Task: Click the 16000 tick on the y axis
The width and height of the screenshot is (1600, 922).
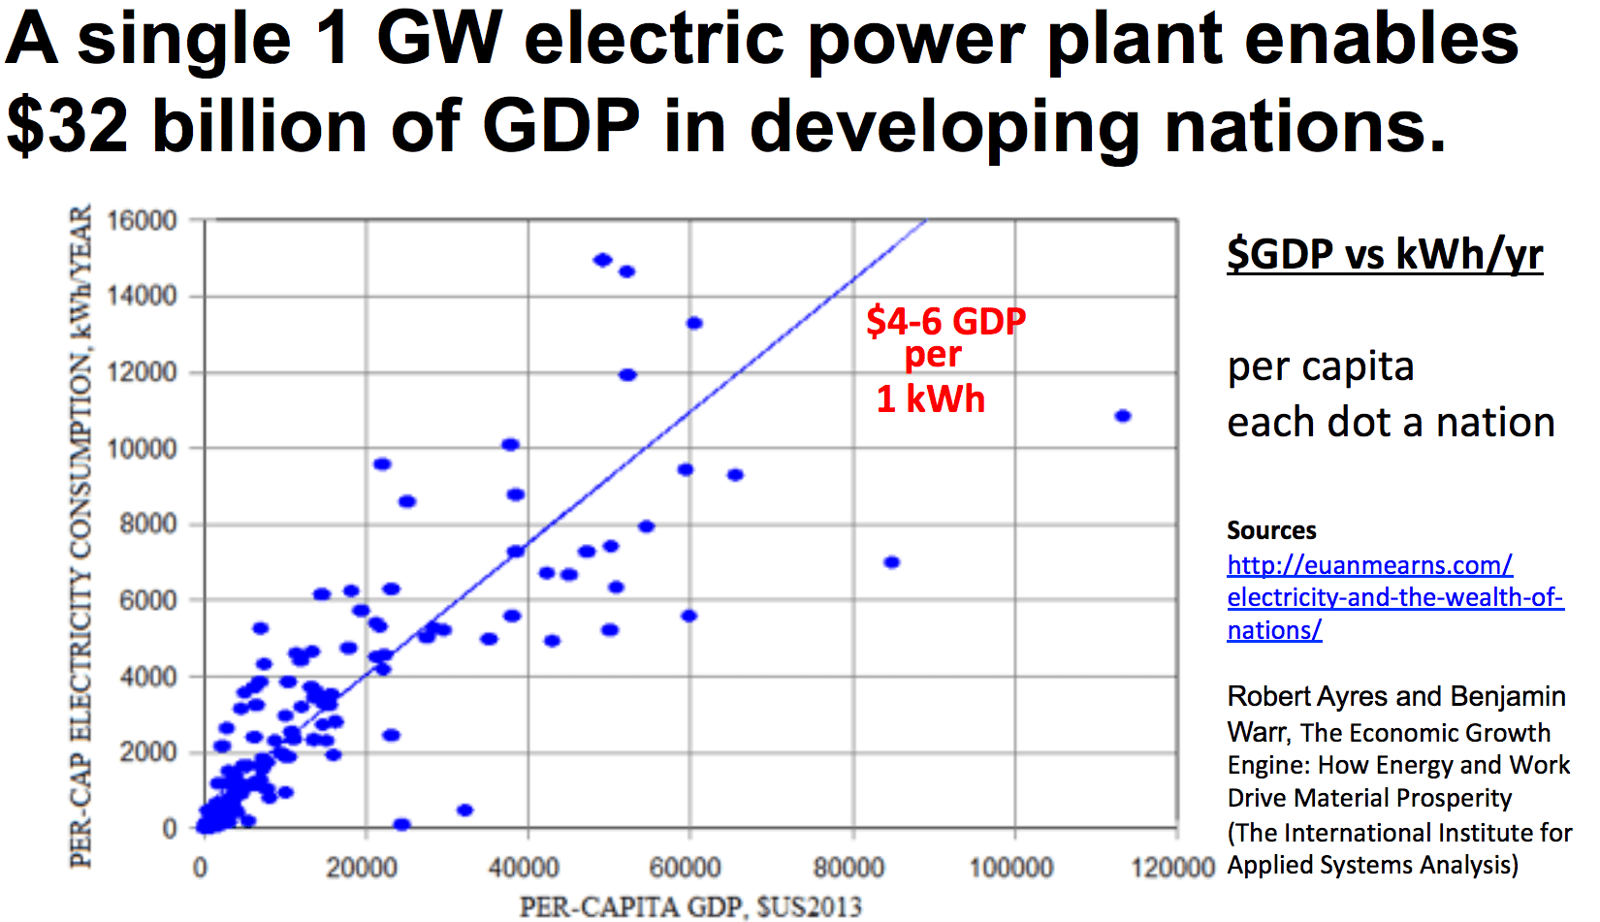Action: [142, 221]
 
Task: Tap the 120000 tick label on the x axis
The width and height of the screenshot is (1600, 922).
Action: [1173, 867]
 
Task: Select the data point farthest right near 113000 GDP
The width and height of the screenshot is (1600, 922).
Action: [1123, 416]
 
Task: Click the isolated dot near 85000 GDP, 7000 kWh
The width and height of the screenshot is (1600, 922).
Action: [892, 562]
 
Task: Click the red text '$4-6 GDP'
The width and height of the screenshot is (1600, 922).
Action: [945, 321]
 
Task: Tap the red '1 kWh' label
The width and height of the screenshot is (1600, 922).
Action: [930, 399]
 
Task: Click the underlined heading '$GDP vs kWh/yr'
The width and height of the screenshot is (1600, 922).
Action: [1385, 254]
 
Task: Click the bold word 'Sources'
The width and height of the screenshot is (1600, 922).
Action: [1271, 530]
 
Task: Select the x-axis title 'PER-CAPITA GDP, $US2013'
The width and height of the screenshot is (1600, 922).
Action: [690, 907]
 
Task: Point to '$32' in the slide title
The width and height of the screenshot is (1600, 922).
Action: [68, 127]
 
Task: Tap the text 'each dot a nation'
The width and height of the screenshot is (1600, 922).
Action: [1391, 423]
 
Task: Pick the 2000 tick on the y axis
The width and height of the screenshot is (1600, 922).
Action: [147, 752]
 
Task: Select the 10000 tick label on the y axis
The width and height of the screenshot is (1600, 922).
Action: [142, 449]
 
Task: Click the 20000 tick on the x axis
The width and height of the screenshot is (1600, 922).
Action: [361, 867]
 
